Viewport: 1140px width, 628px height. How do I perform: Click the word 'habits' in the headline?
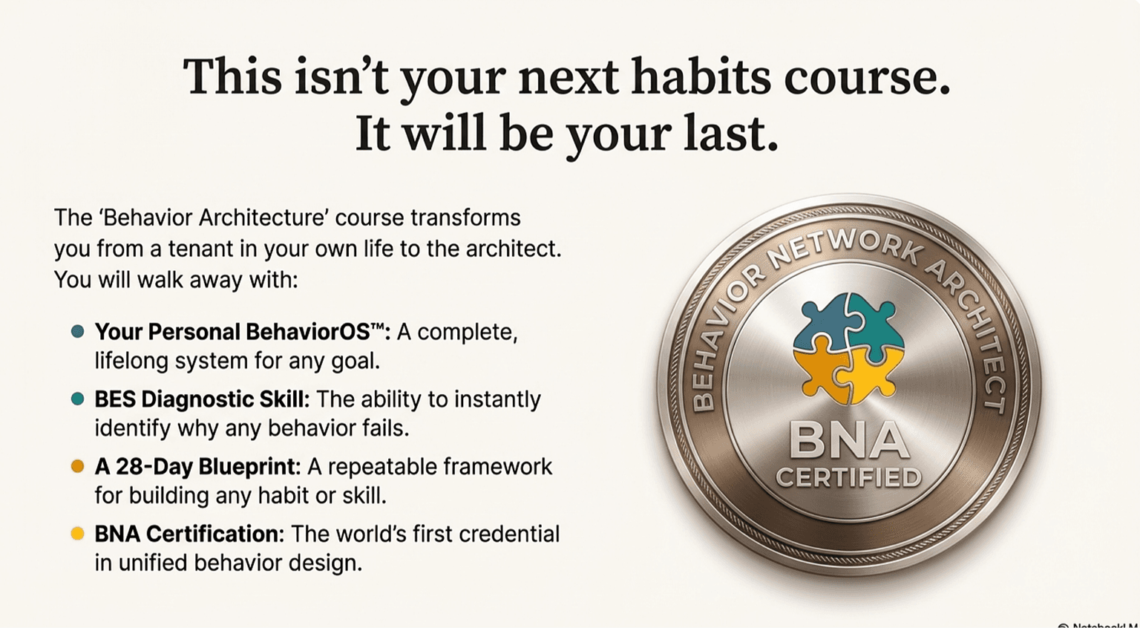coord(701,77)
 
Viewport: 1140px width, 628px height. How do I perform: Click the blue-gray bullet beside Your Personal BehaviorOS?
coord(78,332)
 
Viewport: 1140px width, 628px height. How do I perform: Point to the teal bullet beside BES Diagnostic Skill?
coord(78,399)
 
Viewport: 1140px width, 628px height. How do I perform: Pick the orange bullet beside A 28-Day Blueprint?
coord(78,466)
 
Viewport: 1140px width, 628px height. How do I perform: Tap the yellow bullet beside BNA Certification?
coord(78,534)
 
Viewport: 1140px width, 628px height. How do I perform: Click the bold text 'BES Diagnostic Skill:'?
coord(202,399)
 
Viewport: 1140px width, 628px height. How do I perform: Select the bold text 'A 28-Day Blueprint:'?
coord(197,467)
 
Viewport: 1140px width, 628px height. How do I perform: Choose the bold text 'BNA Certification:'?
coord(189,534)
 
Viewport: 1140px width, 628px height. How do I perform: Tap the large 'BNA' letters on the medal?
coord(848,440)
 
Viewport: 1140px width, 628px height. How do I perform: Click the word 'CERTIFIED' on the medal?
coord(848,477)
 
